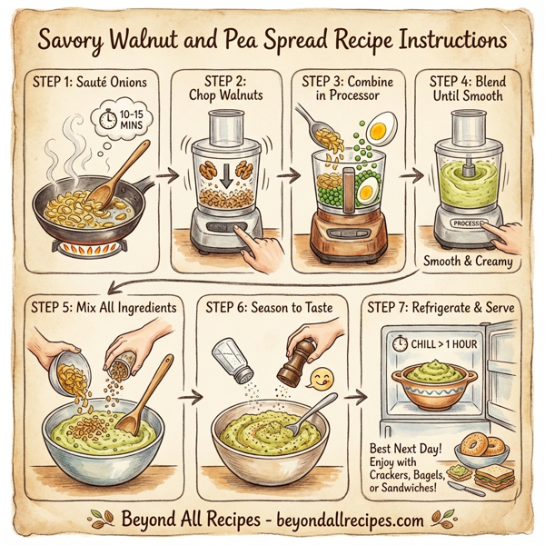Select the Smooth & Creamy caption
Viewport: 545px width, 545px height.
[x=468, y=262]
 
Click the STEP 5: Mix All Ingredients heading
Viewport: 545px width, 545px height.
[x=101, y=308]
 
